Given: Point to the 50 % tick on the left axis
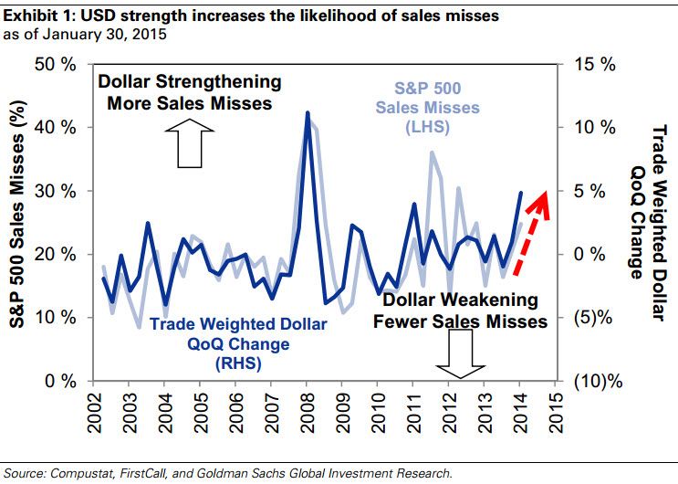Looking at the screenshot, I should click(x=56, y=65).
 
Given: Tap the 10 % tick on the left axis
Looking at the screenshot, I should click(x=56, y=317).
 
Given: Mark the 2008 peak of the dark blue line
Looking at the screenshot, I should click(x=308, y=113).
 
